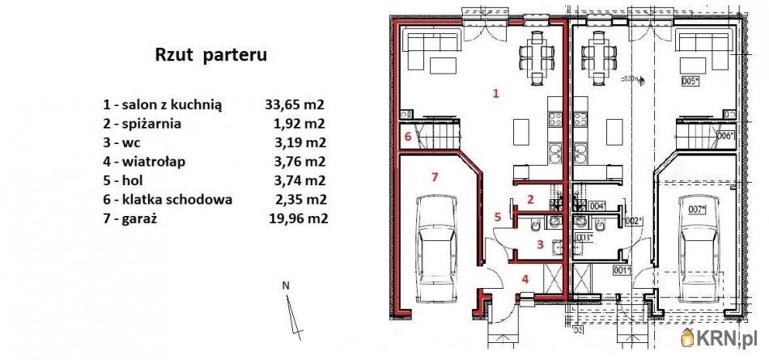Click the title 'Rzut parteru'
point(210,56)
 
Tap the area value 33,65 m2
point(295,104)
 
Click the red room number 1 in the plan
point(496,94)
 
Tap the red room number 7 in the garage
point(435,176)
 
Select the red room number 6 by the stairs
point(407,137)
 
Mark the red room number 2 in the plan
point(530,199)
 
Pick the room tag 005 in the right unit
point(690,82)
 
